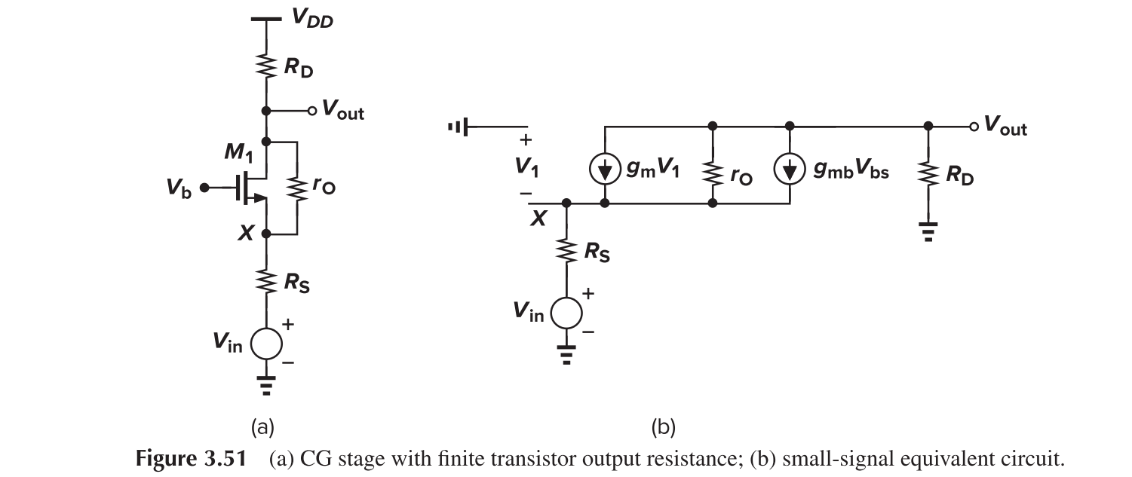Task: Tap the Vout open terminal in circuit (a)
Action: tap(310, 112)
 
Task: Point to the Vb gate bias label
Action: tap(179, 189)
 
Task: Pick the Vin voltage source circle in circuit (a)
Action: tap(265, 343)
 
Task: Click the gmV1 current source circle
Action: tap(605, 172)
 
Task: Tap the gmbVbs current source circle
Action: tap(789, 172)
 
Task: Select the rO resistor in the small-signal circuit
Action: tap(713, 172)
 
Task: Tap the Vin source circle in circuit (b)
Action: tap(566, 311)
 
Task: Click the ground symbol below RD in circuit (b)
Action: tap(928, 231)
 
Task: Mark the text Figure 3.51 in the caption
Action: tap(198, 458)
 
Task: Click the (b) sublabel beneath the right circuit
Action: tap(663, 428)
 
